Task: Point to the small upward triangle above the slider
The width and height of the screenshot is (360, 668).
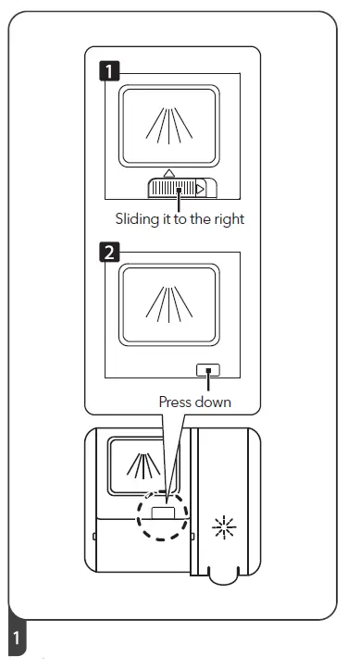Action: pos(168,173)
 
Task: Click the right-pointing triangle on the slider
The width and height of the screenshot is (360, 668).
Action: pos(200,189)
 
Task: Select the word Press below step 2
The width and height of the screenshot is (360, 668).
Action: pos(178,402)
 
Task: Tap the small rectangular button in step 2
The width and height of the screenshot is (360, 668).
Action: pos(209,370)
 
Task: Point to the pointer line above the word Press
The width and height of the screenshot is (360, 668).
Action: pos(213,384)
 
